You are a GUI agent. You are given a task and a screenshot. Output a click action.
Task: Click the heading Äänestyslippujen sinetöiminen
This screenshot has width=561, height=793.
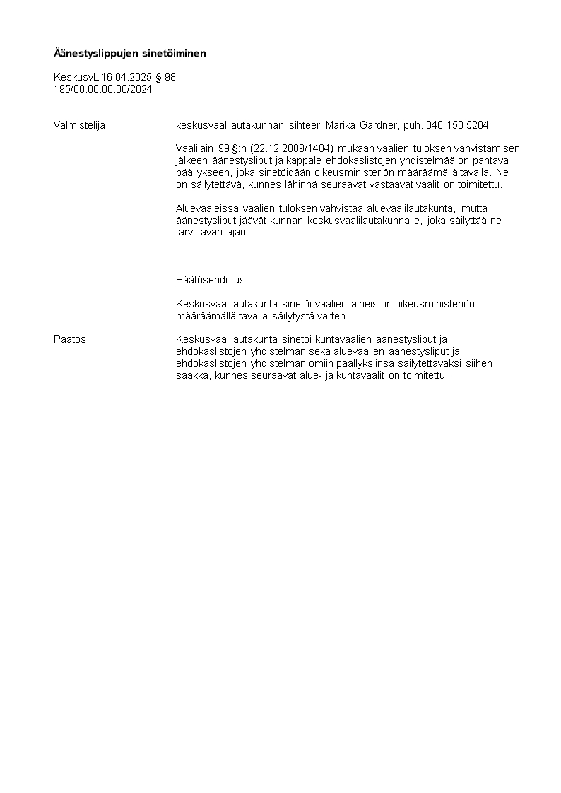coord(130,53)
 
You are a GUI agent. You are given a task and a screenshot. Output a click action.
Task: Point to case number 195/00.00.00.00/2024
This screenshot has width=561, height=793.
coord(103,89)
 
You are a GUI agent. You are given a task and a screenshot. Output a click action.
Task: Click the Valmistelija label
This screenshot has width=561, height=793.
coord(79,125)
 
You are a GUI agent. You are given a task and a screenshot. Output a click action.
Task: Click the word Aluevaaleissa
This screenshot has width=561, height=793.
coord(207,208)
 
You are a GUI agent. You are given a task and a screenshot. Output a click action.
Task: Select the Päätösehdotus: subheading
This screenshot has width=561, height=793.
coord(211,280)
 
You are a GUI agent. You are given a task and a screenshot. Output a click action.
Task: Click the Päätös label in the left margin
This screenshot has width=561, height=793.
coord(70,339)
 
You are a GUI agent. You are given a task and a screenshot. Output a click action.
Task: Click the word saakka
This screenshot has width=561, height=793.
coord(192,375)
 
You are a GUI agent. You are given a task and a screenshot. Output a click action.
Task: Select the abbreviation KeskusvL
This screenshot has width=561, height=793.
coord(76,77)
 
